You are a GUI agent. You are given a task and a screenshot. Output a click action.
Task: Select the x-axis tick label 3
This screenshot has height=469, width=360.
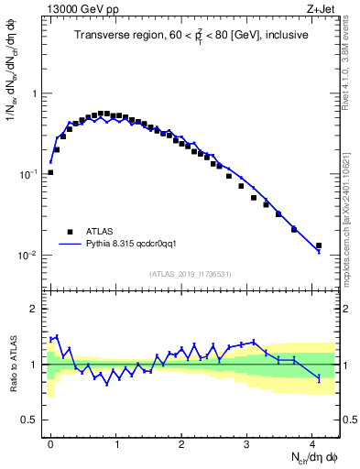(247, 441)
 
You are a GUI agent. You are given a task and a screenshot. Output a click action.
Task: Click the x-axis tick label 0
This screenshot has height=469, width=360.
(50, 441)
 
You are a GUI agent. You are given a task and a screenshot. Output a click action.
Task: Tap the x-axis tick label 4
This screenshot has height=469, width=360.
(312, 441)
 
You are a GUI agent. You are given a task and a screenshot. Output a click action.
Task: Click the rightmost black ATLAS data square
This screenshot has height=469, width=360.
(319, 245)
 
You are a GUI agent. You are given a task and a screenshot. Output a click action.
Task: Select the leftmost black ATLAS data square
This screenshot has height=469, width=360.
(50, 172)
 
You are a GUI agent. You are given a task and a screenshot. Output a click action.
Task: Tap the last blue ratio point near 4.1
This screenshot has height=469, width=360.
(319, 378)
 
